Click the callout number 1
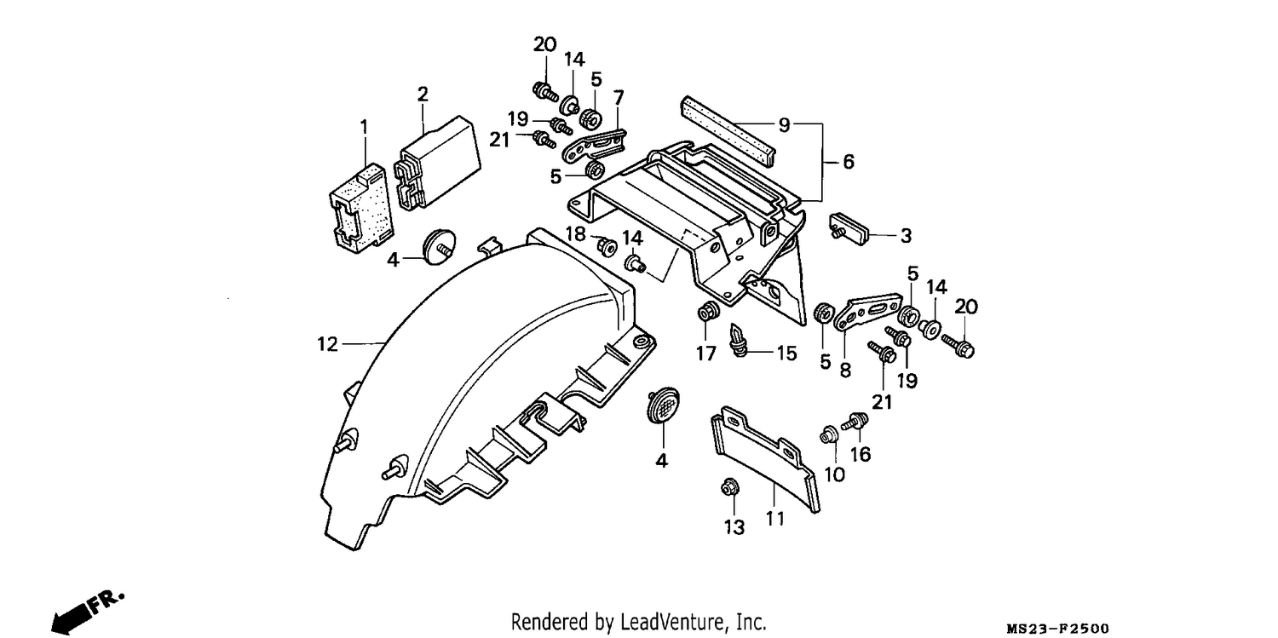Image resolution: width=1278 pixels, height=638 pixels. [x=364, y=127]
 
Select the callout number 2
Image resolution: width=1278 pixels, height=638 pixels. [x=423, y=94]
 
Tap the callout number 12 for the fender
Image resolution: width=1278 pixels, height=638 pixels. [x=327, y=344]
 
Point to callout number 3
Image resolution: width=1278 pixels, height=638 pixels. [x=906, y=235]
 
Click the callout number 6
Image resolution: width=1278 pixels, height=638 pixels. [x=849, y=162]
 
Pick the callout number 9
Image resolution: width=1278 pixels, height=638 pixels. [x=785, y=125]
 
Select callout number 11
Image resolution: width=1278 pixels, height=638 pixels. [x=774, y=518]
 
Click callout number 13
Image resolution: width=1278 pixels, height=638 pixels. [x=734, y=527]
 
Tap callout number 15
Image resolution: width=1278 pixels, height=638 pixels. [x=786, y=353]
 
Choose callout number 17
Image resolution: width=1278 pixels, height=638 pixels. [x=705, y=353]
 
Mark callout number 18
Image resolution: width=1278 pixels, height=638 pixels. [x=576, y=233]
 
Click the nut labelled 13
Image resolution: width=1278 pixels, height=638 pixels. [x=729, y=487]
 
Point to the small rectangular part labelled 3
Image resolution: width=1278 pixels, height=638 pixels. [x=849, y=228]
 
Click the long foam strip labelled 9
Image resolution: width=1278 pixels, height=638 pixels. [x=728, y=132]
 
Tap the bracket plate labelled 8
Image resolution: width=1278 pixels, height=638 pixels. [x=867, y=313]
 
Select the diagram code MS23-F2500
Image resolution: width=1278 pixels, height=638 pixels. [x=1058, y=629]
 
